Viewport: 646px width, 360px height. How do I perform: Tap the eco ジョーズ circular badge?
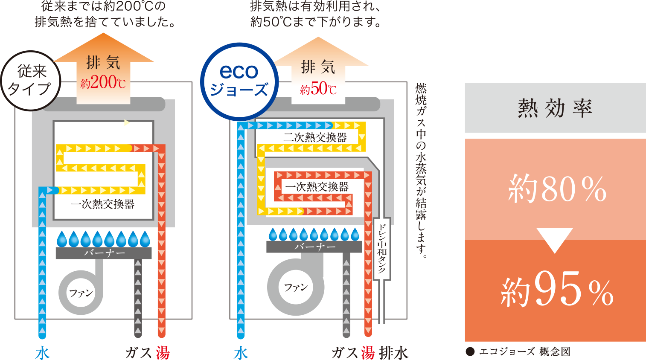(x=239, y=81)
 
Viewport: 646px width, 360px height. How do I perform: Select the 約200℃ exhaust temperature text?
(x=103, y=82)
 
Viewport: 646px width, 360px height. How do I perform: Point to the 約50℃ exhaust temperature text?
(x=318, y=89)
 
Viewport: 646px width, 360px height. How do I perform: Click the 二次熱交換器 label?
(x=315, y=137)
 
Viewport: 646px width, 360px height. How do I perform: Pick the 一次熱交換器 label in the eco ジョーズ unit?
(x=317, y=187)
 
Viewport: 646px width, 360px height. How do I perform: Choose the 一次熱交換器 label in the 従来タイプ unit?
(x=103, y=204)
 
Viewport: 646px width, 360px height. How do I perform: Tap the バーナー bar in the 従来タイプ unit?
(x=104, y=253)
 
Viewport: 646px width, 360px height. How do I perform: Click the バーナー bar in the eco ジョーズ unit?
(x=314, y=247)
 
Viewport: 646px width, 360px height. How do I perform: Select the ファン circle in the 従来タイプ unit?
(x=81, y=293)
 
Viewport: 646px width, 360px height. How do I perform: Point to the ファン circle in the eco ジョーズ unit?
(x=296, y=287)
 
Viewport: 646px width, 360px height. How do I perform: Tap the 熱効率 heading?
(x=555, y=108)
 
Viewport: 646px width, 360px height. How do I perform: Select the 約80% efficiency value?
(x=557, y=189)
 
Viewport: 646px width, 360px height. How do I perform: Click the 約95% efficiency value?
(x=557, y=290)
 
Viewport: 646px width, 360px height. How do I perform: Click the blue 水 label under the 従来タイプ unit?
(x=43, y=353)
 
